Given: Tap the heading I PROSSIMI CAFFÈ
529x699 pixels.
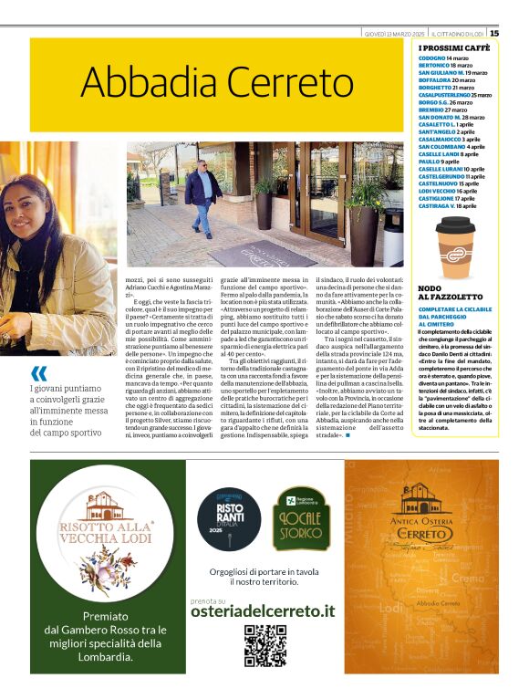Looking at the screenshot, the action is pos(454,47).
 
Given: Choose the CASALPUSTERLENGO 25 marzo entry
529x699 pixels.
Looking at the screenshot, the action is pos(454,95).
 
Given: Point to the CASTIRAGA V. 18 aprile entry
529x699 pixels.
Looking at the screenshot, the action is pos(447,206).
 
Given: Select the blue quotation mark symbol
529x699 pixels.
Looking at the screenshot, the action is pos(38,373).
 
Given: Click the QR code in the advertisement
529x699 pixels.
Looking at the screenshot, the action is pos(264,646).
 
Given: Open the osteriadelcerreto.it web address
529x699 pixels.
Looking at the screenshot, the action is pos(264,610).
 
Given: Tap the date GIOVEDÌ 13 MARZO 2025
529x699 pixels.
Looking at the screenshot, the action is pos(394,34).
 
